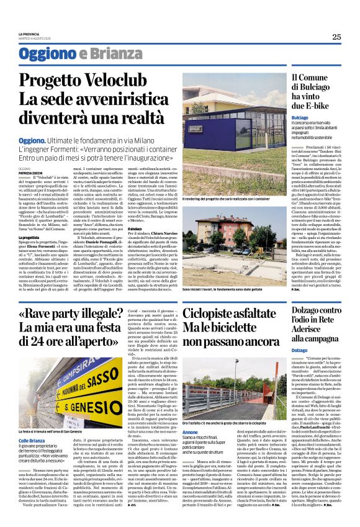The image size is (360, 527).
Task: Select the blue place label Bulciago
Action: pos(300,117)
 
